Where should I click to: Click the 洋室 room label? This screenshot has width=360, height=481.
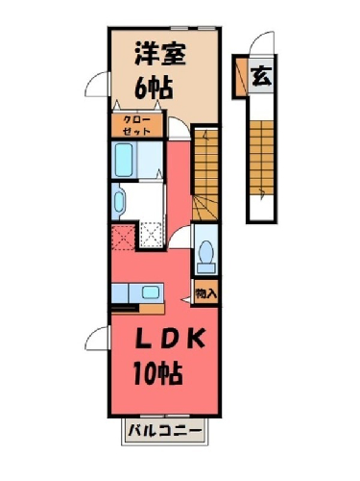(x=160, y=54)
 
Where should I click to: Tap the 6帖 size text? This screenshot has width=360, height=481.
(x=154, y=89)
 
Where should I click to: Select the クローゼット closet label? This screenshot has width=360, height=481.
(x=136, y=125)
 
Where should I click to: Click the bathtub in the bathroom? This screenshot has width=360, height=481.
(x=124, y=160)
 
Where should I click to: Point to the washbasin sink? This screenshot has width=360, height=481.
(x=119, y=202)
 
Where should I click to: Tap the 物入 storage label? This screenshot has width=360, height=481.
(x=206, y=293)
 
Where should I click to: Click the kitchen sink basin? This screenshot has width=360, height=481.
(x=151, y=292)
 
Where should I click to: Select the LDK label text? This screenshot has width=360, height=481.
(x=170, y=339)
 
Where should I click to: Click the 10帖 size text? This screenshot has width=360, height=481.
(x=158, y=373)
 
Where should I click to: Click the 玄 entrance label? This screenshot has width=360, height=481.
(x=262, y=77)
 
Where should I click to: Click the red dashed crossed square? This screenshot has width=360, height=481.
(x=123, y=237)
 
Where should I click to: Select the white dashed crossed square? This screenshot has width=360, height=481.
(x=153, y=235)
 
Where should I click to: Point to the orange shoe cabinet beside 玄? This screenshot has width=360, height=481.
(x=242, y=77)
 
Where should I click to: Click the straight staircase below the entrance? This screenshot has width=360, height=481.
(x=262, y=158)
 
